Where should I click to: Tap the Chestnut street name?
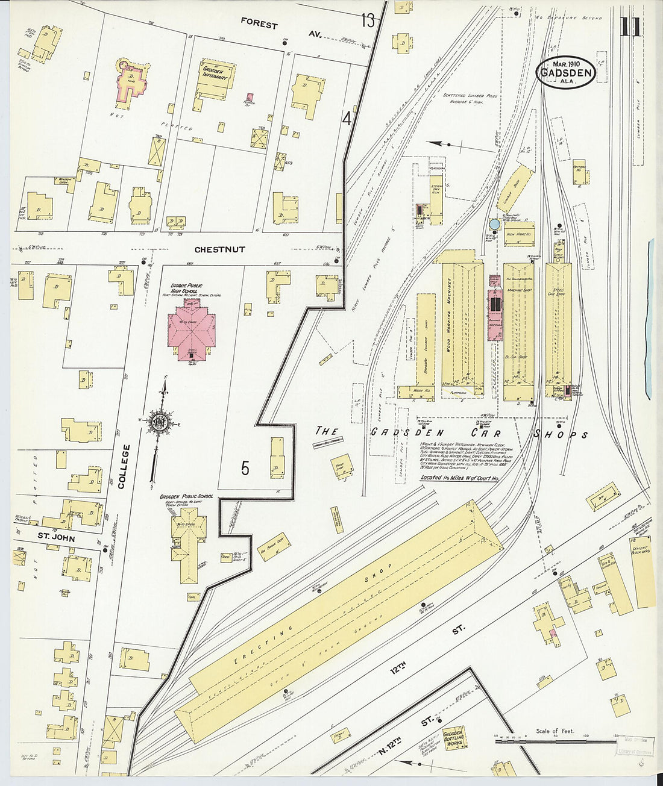coord(219,249)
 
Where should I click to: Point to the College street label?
coord(124,466)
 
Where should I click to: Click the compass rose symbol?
coord(160,420)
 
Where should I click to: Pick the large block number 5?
coord(245,468)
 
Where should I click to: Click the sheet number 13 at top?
coord(368,21)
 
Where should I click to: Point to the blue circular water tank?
coord(495,224)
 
